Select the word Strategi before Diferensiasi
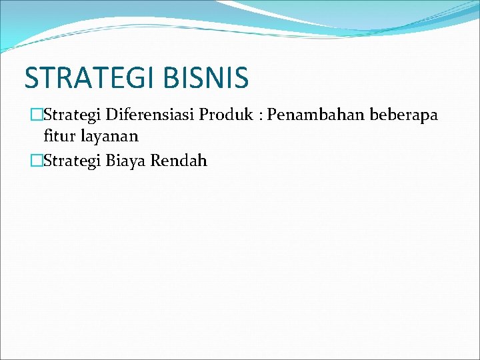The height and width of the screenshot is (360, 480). click(x=69, y=115)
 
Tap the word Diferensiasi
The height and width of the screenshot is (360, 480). click(x=141, y=115)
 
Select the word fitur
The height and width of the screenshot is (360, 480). click(x=57, y=137)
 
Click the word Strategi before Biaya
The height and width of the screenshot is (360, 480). click(x=69, y=161)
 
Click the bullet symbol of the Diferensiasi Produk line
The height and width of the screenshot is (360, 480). click(x=37, y=115)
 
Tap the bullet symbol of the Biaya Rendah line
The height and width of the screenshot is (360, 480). click(x=37, y=160)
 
